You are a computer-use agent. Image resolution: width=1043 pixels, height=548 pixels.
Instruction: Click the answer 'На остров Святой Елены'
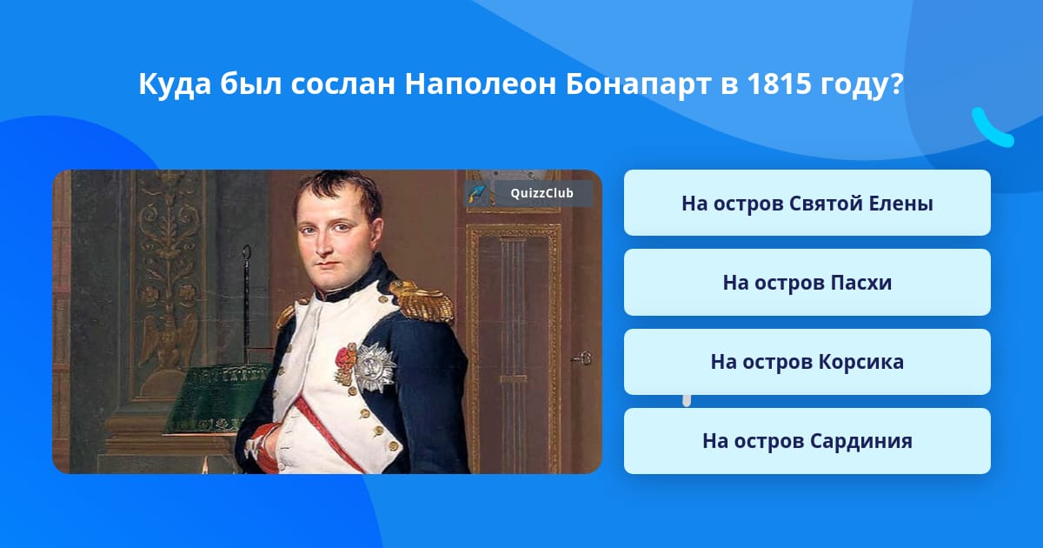coord(807,204)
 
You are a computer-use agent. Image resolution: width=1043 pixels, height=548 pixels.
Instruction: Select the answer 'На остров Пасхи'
coord(807,283)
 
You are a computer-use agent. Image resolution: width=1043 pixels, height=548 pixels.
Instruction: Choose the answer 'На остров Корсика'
coord(807,362)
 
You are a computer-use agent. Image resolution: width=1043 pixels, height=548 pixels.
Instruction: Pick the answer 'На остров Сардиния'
coord(807,441)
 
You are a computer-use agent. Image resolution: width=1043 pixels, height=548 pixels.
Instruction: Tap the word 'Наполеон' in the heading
coord(480,84)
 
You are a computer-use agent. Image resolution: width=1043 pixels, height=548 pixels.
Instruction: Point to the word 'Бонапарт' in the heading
coord(638,85)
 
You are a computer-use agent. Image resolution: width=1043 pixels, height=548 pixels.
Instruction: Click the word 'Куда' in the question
coord(175,85)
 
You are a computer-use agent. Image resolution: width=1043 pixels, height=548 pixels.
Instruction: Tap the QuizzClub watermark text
coord(541,193)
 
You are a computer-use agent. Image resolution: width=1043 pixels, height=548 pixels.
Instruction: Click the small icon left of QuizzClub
coord(476,193)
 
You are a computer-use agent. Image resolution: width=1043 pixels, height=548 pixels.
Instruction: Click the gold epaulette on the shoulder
coord(422,302)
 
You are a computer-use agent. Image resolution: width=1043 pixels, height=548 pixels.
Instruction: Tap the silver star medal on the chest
coord(374,367)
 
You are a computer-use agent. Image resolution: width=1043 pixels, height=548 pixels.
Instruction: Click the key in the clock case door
coord(581,358)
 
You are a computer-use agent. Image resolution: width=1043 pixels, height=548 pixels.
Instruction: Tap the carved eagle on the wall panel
coord(169,340)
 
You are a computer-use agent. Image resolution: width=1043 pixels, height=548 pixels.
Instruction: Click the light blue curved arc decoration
coord(992,129)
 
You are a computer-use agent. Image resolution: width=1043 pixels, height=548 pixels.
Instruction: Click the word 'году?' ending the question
coord(862,85)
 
